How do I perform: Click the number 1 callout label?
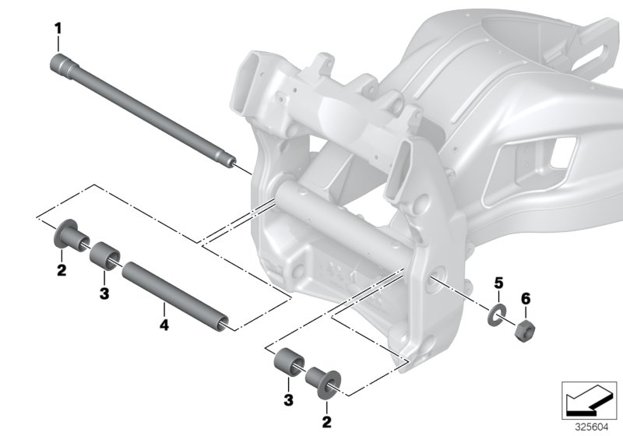57,29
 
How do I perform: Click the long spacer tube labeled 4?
178,297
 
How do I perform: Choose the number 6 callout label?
525,298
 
